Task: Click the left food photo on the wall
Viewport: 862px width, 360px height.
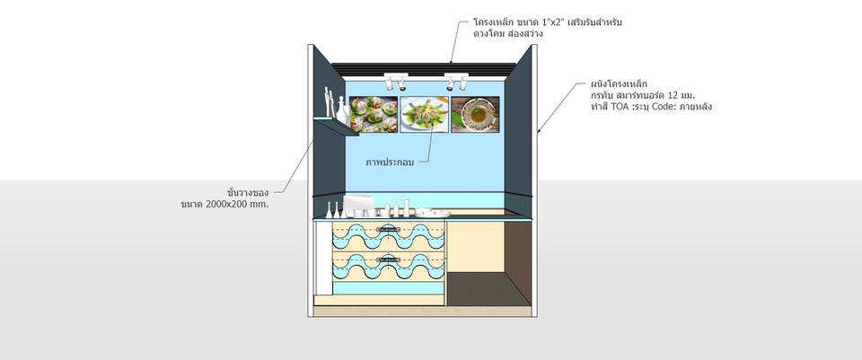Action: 374,115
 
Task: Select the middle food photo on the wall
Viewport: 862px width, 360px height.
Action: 424,115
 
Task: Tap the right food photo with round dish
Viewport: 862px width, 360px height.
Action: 475,115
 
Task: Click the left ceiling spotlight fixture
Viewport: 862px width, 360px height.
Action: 393,80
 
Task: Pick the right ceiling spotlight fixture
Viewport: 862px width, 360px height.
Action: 454,80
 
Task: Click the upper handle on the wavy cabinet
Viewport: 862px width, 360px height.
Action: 390,229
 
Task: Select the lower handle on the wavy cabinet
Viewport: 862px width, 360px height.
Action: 390,259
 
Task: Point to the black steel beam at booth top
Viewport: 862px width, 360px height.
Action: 422,66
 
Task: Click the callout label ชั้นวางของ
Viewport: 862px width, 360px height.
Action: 249,191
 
